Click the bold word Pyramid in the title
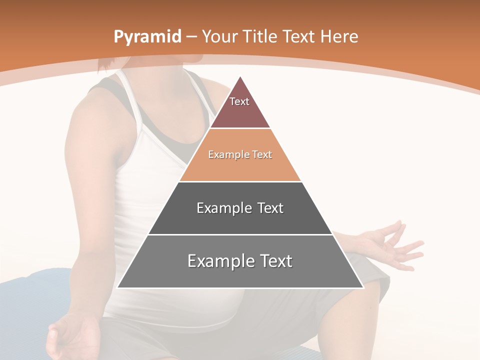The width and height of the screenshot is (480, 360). tap(147, 37)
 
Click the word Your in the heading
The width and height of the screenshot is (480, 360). tap(220, 36)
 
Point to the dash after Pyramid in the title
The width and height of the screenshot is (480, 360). tap(191, 37)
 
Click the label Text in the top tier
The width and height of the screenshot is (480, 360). tap(239, 101)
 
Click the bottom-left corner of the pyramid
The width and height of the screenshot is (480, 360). tap(118, 287)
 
